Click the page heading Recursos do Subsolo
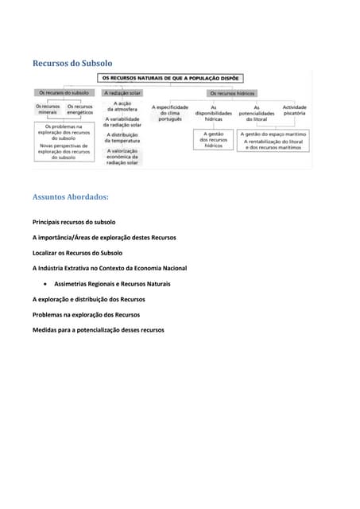(72, 63)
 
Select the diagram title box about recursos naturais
(170, 78)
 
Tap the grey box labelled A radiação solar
(122, 92)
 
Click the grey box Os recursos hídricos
(232, 92)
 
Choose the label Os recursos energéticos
(79, 109)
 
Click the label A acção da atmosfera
(123, 106)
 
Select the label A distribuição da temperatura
(123, 137)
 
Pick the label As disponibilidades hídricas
(213, 112)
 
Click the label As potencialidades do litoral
(256, 112)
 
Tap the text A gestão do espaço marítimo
(274, 134)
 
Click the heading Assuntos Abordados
(71, 196)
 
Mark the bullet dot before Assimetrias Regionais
(48, 284)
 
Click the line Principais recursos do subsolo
(74, 222)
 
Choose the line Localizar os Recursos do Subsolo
(77, 253)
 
